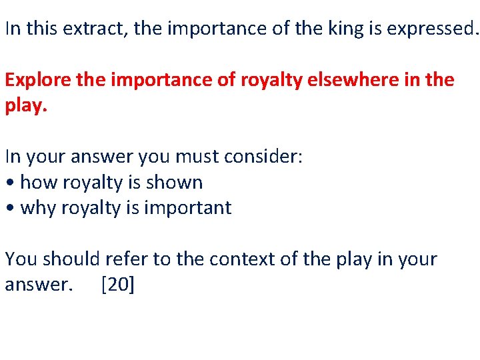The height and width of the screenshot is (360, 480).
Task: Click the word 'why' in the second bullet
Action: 39,208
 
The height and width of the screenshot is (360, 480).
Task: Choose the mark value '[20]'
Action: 118,285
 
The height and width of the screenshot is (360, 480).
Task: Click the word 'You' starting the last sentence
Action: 19,259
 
